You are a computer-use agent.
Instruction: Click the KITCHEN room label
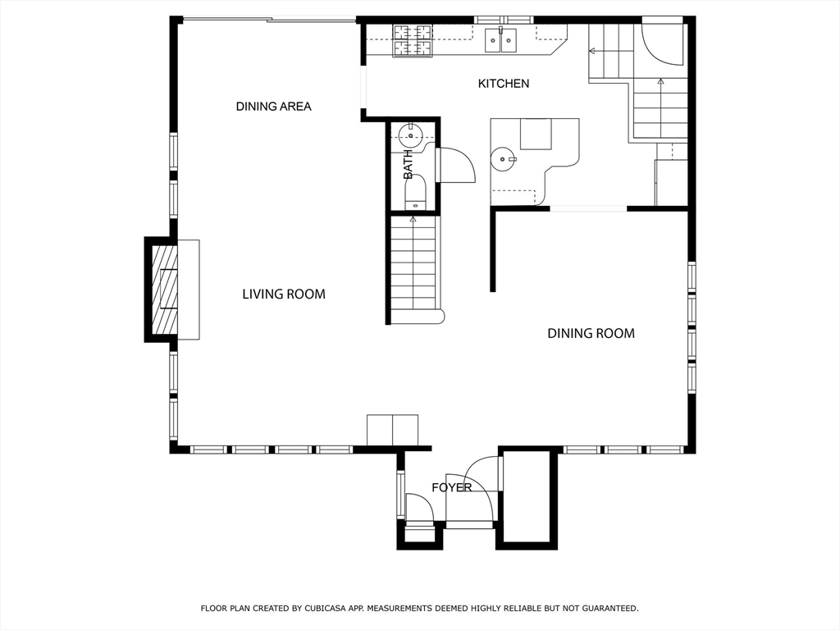[504, 84]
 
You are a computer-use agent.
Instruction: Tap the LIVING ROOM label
[284, 294]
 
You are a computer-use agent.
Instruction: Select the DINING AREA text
[274, 107]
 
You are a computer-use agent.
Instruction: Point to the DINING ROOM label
[591, 333]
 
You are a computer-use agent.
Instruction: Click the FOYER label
[452, 487]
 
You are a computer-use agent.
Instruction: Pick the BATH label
[409, 164]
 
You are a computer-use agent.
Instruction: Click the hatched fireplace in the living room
[164, 289]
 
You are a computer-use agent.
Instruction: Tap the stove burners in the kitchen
[413, 41]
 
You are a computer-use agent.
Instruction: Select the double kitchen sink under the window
[501, 41]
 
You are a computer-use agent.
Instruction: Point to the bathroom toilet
[414, 192]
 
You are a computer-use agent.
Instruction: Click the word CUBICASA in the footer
[325, 608]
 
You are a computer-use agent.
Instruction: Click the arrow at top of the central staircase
[413, 219]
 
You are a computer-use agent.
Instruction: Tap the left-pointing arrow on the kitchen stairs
[592, 52]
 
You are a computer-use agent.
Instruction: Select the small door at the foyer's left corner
[419, 507]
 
